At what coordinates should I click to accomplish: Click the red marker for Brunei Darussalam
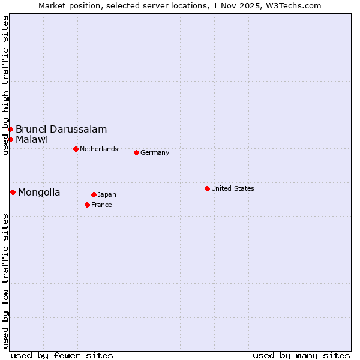[x=10, y=129]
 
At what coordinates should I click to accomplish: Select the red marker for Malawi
[x=10, y=139]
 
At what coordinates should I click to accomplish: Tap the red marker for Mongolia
[x=13, y=192]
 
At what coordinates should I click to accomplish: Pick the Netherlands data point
[x=76, y=149]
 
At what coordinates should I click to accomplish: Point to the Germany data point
[x=136, y=152]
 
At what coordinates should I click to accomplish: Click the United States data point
[x=207, y=188]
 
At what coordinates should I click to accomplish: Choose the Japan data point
[x=94, y=194]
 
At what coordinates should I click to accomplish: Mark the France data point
[x=87, y=205]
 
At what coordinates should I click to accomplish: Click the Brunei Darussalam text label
[x=61, y=129]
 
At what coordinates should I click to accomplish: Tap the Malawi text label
[x=32, y=139]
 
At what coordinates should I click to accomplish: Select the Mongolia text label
[x=39, y=192]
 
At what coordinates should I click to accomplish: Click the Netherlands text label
[x=99, y=149]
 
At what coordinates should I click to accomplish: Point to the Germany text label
[x=155, y=152]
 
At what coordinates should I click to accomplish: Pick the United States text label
[x=233, y=188]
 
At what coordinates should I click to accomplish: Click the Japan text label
[x=107, y=194]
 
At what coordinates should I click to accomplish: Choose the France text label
[x=101, y=205]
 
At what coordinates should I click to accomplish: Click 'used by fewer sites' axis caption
[x=62, y=355]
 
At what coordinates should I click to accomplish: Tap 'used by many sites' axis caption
[x=301, y=355]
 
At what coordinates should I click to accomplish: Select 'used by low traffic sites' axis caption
[x=5, y=281]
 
